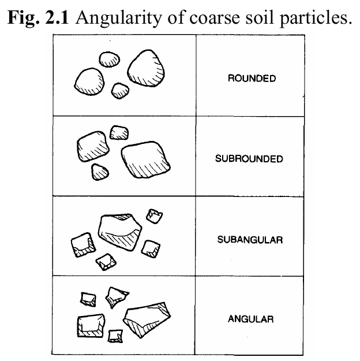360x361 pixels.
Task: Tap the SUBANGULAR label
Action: tap(250, 239)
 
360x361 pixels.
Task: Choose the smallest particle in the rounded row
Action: tap(120, 90)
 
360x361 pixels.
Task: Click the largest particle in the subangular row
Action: tap(121, 232)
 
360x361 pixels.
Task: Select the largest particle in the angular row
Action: tap(148, 315)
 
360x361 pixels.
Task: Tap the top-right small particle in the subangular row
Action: tap(154, 215)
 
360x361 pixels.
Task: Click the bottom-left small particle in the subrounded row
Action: tap(102, 170)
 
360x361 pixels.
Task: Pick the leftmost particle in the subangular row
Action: tap(81, 245)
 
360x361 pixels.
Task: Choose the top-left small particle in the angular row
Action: tap(88, 299)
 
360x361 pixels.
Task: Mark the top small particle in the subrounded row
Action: tap(119, 132)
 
